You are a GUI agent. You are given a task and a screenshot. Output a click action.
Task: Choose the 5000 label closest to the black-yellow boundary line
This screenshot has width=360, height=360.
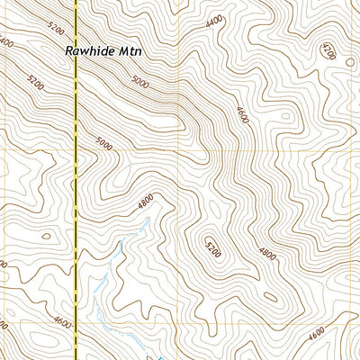pos(103,143)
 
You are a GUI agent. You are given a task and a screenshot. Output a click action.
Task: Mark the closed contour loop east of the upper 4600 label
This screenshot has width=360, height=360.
pos(286,117)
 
